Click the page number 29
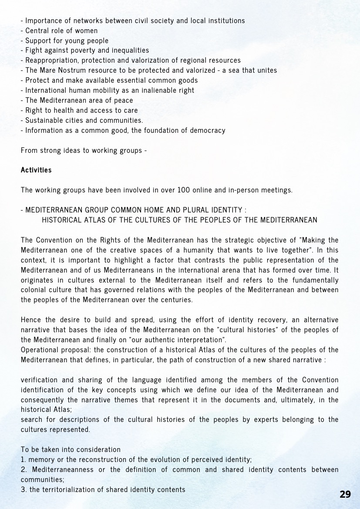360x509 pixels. [x=345, y=494]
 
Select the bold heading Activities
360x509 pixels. [x=36, y=170]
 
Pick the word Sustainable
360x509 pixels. [x=44, y=120]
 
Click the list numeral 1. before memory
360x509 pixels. [x=24, y=459]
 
